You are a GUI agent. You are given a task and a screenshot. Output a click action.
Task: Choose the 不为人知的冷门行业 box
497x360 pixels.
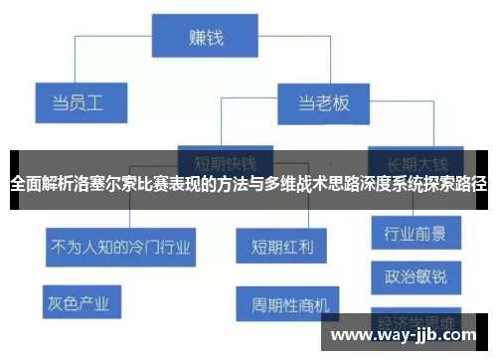(x=119, y=242)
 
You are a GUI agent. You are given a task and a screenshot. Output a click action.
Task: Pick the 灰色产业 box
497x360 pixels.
(x=83, y=299)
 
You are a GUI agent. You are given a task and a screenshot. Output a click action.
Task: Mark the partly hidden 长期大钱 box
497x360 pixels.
(x=415, y=158)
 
